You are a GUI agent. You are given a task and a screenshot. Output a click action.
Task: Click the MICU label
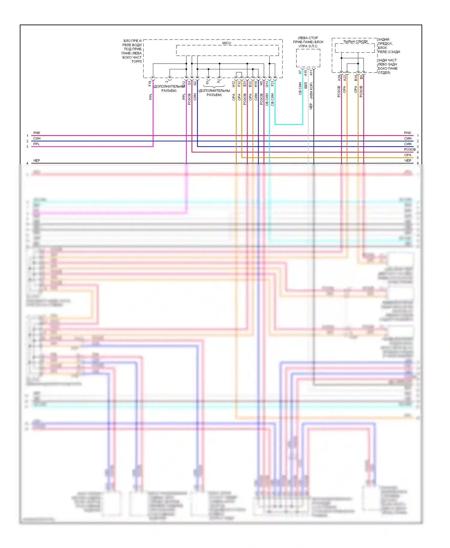(x=226, y=43)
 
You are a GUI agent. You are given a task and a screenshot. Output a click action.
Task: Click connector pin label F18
(x=150, y=84)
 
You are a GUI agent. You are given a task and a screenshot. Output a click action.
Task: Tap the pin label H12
(x=234, y=84)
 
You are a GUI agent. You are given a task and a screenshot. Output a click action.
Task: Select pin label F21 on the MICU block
(x=272, y=83)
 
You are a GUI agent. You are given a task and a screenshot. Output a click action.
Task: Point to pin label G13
(x=267, y=84)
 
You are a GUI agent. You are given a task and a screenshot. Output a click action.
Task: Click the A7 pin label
(x=300, y=72)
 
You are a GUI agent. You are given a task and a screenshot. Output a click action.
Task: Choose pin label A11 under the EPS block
(x=311, y=72)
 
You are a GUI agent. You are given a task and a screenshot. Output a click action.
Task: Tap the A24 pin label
(x=339, y=78)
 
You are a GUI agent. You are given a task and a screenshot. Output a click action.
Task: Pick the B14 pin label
(x=356, y=78)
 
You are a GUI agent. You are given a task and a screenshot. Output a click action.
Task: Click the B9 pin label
(x=361, y=77)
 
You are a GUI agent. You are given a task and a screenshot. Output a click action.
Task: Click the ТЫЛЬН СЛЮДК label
(x=355, y=42)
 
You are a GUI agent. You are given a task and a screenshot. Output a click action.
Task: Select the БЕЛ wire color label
(x=306, y=85)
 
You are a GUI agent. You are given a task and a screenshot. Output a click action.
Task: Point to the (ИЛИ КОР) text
(x=311, y=91)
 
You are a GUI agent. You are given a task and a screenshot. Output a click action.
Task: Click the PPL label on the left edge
(x=36, y=144)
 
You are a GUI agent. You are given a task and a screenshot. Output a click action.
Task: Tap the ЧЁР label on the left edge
(x=37, y=161)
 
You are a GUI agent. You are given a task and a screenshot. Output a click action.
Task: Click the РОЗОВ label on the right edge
(x=409, y=149)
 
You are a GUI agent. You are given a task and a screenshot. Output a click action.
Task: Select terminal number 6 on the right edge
(x=418, y=163)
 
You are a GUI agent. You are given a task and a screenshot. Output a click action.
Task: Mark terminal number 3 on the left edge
(x=27, y=147)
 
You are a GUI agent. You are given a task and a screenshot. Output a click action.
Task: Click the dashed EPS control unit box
(x=308, y=58)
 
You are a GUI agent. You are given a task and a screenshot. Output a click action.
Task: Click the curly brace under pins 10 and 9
(x=214, y=87)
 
